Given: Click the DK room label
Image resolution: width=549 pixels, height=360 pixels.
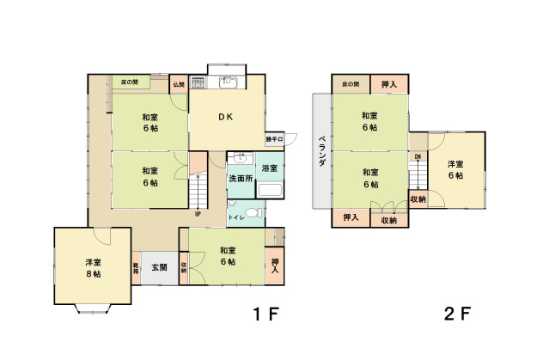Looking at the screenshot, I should coord(225,118).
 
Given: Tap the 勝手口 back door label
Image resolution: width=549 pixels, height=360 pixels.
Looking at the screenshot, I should coord(274,138).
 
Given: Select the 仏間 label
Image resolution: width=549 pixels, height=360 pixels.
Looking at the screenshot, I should coord(179,84).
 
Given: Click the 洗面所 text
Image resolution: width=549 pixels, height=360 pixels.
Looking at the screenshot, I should coord(241,179).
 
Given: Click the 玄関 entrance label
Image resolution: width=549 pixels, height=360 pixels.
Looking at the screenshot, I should coord(160,267).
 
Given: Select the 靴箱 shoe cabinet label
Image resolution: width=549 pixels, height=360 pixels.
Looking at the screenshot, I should coord(136,267).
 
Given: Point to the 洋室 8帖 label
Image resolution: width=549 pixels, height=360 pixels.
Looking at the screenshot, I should coord(93,267).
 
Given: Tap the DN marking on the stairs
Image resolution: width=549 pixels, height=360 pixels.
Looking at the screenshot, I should coord(418,157).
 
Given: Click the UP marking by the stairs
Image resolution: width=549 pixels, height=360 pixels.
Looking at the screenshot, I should coord(198,213).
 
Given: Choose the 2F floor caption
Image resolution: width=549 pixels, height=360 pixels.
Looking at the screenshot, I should coord(457,314).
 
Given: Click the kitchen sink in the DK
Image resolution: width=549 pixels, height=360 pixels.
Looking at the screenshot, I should coord(229,83).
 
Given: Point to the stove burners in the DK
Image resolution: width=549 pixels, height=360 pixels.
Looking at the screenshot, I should coord(198,83).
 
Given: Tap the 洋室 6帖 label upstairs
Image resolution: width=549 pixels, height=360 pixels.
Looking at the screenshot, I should coord(455,169).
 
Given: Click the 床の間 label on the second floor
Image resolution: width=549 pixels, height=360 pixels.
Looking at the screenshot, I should coord(351,84).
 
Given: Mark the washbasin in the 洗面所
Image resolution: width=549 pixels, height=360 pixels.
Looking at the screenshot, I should coord(240,159).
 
